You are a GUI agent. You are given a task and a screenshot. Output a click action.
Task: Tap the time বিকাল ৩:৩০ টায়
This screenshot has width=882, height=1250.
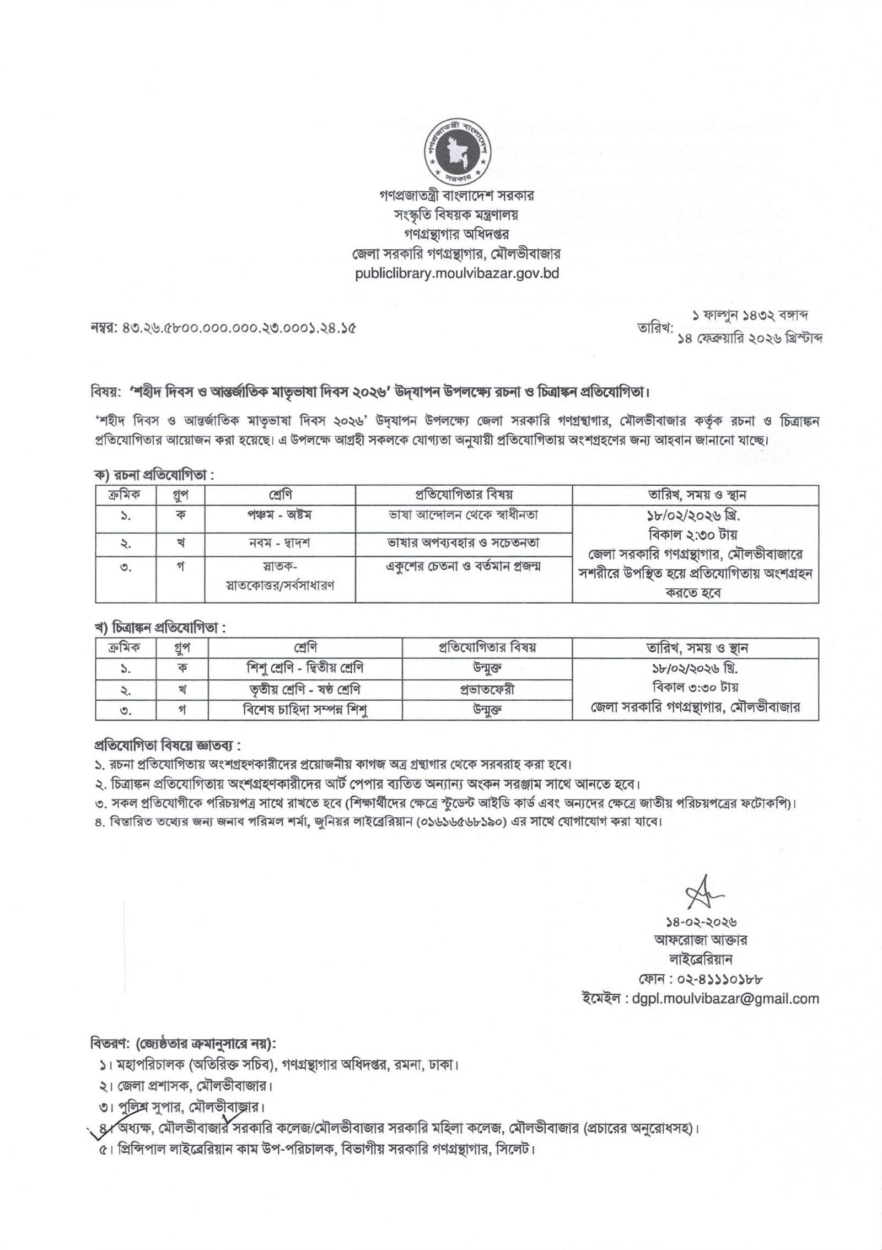695,688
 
